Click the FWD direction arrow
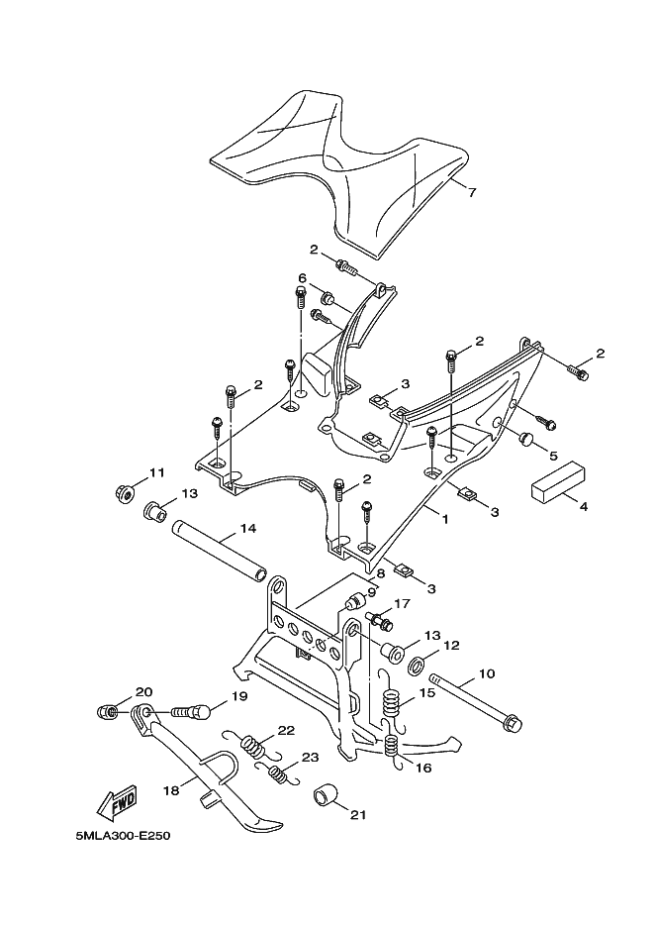(x=118, y=803)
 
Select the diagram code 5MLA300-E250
(x=120, y=837)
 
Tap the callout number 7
(x=471, y=192)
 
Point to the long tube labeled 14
(x=219, y=551)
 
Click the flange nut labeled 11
(x=125, y=492)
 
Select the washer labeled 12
(x=417, y=666)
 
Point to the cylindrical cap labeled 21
(x=325, y=795)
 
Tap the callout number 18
(x=171, y=790)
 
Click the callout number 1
(x=444, y=519)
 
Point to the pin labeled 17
(x=379, y=620)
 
